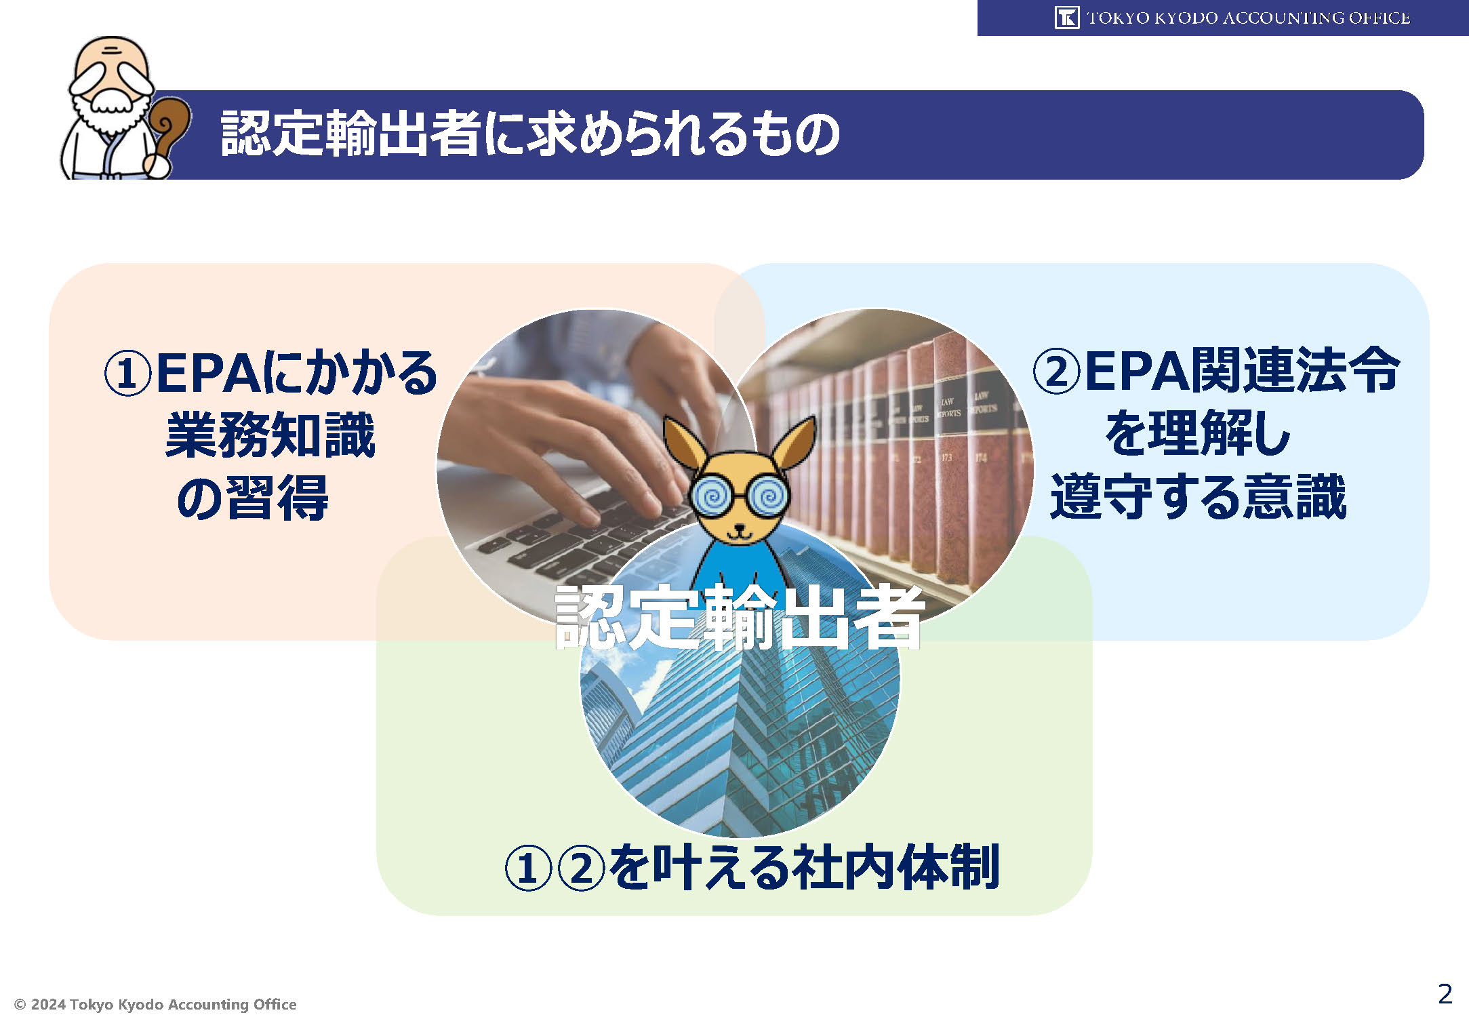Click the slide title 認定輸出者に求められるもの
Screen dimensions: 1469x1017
pyautogui.click(x=530, y=134)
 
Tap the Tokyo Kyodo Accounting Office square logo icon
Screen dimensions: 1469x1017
pyautogui.click(x=1067, y=18)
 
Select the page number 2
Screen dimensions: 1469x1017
pyautogui.click(x=1445, y=994)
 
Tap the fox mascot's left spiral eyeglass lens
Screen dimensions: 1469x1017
pyautogui.click(x=712, y=497)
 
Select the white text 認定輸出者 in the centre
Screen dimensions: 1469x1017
pyautogui.click(x=740, y=618)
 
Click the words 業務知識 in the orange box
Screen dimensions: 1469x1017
pyautogui.click(x=270, y=435)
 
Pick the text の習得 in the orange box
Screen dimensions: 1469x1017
pyautogui.click(x=252, y=498)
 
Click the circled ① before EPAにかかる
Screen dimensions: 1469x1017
pyautogui.click(x=127, y=374)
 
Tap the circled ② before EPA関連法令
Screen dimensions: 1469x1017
pyautogui.click(x=1055, y=371)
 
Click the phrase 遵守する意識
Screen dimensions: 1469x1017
pyautogui.click(x=1198, y=496)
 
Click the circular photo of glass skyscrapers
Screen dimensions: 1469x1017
pyautogui.click(x=740, y=678)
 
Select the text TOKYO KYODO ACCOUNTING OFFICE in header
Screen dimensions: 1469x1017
pyautogui.click(x=1249, y=18)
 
